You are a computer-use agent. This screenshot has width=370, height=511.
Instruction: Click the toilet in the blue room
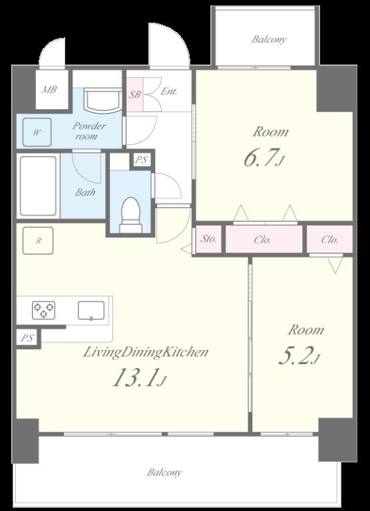[131, 215]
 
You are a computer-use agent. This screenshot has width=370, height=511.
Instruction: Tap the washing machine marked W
[37, 132]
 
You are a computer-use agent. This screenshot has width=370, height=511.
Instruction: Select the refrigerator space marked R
[38, 240]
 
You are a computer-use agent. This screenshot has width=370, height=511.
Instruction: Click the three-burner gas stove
[43, 310]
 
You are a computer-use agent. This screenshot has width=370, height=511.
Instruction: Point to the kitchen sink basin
[91, 310]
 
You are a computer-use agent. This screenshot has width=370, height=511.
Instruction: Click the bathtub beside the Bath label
[38, 186]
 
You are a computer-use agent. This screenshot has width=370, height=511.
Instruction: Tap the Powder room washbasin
[102, 100]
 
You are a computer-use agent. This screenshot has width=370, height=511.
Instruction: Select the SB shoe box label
[134, 94]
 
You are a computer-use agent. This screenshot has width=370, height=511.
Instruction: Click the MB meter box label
[49, 89]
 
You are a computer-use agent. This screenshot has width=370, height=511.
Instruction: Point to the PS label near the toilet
[142, 160]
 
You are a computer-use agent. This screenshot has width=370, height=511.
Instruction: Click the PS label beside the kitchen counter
[27, 338]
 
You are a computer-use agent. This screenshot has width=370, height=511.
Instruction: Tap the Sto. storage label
[208, 239]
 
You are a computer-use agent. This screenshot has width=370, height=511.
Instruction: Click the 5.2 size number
[295, 355]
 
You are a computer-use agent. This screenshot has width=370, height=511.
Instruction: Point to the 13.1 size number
[135, 377]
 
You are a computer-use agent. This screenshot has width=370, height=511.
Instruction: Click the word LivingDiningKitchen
[146, 353]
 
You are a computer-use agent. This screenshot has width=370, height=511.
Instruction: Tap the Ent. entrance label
[169, 91]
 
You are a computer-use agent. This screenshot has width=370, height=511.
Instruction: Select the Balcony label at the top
[269, 40]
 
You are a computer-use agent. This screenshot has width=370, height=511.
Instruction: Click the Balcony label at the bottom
[164, 472]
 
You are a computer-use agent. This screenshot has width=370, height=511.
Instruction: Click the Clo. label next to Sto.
[262, 240]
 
